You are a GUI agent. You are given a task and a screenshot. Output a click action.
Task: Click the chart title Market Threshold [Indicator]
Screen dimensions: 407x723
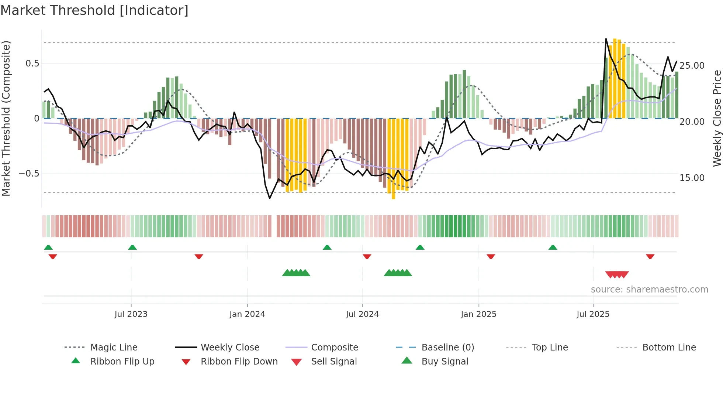click(94, 10)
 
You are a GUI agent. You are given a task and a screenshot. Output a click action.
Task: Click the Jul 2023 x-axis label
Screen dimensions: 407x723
click(131, 314)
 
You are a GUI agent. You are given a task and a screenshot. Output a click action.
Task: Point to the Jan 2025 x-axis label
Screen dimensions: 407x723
click(478, 314)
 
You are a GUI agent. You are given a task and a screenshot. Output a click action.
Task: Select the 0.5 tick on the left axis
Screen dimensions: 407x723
click(32, 64)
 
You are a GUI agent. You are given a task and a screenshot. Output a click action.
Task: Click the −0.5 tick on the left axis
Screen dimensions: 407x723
click(29, 174)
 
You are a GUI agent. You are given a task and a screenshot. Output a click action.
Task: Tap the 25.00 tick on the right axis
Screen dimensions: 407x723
click(692, 66)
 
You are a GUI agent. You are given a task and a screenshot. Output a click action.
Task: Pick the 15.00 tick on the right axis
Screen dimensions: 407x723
click(692, 178)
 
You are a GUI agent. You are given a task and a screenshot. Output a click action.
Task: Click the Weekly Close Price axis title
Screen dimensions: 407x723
click(717, 118)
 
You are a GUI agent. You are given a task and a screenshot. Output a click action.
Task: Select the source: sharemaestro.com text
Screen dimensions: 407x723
click(649, 290)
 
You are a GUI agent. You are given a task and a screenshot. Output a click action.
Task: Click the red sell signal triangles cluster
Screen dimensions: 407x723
click(617, 274)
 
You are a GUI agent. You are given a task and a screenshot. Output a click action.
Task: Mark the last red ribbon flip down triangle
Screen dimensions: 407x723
click(650, 256)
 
